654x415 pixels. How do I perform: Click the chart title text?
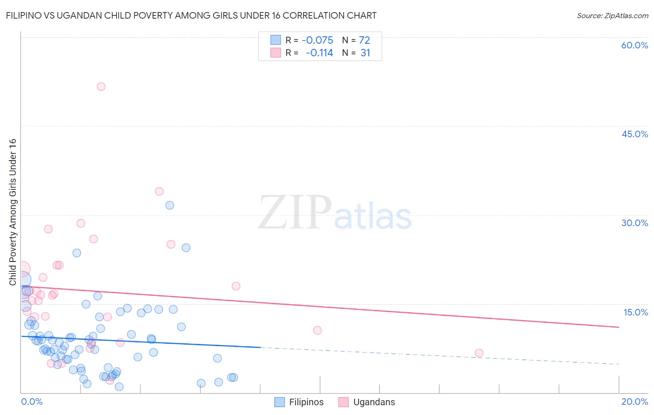(x=191, y=15)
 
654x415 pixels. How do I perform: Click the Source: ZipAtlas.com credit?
(x=612, y=15)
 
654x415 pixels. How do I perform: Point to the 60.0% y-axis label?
(x=634, y=45)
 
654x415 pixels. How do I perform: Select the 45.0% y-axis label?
(x=634, y=134)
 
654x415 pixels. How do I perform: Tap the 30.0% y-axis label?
(x=634, y=223)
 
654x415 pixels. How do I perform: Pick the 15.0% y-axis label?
(x=635, y=312)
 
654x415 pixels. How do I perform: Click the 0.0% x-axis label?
(x=32, y=402)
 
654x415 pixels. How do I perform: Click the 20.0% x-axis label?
(x=634, y=402)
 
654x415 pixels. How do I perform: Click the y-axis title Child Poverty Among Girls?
(x=13, y=212)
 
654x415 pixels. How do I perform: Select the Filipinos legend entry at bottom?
(x=299, y=402)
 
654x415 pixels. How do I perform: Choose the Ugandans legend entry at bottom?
(x=366, y=402)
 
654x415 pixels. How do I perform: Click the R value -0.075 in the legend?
(x=317, y=40)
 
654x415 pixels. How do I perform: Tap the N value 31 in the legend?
(x=365, y=53)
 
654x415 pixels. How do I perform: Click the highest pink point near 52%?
(x=101, y=87)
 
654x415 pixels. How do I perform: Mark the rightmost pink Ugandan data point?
(x=479, y=353)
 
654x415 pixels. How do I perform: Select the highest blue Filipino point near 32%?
(x=170, y=205)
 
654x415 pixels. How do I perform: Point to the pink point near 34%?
(x=159, y=191)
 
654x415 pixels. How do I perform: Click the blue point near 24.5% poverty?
(x=186, y=248)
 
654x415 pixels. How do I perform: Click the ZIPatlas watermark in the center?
(x=335, y=213)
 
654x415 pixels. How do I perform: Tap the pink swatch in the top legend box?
(x=276, y=53)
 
